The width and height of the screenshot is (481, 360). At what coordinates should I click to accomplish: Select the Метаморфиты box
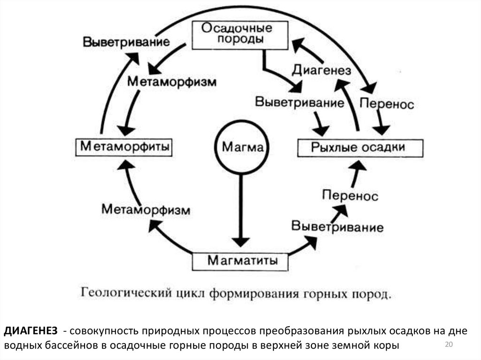[x=124, y=146]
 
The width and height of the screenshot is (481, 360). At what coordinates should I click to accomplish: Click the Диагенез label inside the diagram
[x=322, y=70]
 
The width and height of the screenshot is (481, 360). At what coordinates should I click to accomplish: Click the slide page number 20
[x=448, y=346]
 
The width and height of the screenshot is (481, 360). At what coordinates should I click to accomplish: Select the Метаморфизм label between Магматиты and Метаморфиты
[x=146, y=209]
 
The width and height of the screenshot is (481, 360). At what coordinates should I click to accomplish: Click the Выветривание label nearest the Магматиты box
[x=337, y=227]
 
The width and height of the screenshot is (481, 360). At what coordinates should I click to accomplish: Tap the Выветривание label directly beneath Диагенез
[x=299, y=102]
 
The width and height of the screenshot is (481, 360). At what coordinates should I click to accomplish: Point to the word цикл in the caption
[x=194, y=295]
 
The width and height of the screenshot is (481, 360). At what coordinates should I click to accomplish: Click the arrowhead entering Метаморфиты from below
[x=124, y=164]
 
